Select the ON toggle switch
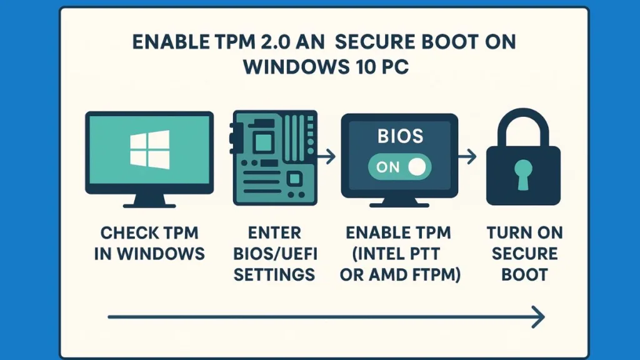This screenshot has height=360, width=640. (398, 166)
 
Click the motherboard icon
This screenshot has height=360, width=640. (274, 157)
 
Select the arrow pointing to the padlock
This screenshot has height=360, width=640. (467, 156)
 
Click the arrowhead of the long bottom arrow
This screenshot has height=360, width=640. (537, 317)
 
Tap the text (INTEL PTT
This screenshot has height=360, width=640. (398, 254)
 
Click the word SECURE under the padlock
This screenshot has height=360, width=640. (524, 254)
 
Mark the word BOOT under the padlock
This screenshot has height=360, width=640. (524, 274)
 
